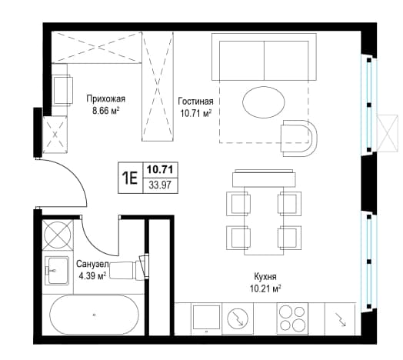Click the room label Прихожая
(106, 98)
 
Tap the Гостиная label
(196, 102)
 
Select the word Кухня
(265, 277)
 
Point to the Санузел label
(92, 264)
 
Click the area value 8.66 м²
(106, 111)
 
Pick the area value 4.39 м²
(92, 276)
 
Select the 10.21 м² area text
(265, 288)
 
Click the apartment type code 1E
(130, 178)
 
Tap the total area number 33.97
(160, 185)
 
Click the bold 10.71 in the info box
(160, 169)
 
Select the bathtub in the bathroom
(94, 315)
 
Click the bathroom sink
(57, 270)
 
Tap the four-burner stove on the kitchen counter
(292, 319)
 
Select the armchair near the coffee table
(299, 138)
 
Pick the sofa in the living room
(264, 57)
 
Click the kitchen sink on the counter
(207, 318)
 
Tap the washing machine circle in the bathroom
(58, 235)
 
